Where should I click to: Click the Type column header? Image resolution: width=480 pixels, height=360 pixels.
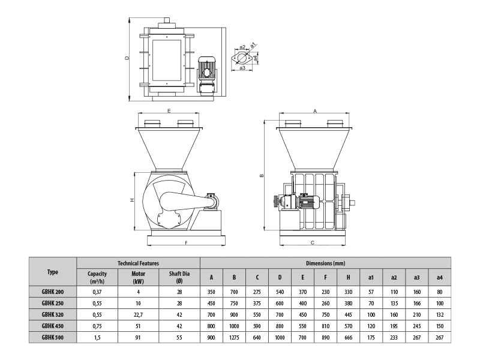coord(53,272)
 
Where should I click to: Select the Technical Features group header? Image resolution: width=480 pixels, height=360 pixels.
coord(138,263)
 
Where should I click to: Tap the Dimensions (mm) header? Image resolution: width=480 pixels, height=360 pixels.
coord(325,263)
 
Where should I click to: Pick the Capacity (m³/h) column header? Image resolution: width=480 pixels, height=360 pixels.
coord(97,277)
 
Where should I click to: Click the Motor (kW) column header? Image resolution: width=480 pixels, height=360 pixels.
coord(138,277)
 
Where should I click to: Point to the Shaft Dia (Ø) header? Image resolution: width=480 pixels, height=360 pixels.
coord(179,277)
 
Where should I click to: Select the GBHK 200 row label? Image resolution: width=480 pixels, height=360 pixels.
coord(53,291)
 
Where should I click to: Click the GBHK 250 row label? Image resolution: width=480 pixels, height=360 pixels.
coord(53,302)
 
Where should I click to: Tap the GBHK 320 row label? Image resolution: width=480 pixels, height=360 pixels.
coord(53,314)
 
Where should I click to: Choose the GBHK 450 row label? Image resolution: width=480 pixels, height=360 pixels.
coord(53,326)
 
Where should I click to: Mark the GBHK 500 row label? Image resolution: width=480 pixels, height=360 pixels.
coord(53,337)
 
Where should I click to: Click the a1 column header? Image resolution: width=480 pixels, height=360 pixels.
coord(371,277)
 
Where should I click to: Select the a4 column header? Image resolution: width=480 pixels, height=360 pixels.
coord(440,277)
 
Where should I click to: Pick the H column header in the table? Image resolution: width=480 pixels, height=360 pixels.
coord(348,277)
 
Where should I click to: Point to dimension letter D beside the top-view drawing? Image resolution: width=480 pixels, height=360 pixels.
coord(127,59)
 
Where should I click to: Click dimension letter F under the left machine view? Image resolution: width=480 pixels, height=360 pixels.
coord(187,243)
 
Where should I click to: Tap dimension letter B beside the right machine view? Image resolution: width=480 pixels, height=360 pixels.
coord(262,176)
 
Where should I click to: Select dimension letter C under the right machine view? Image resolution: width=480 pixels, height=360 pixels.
coord(313,243)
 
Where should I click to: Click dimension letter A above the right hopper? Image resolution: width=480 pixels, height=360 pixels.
coord(315,111)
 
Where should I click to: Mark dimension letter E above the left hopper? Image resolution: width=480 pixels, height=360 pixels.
coord(170,111)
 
